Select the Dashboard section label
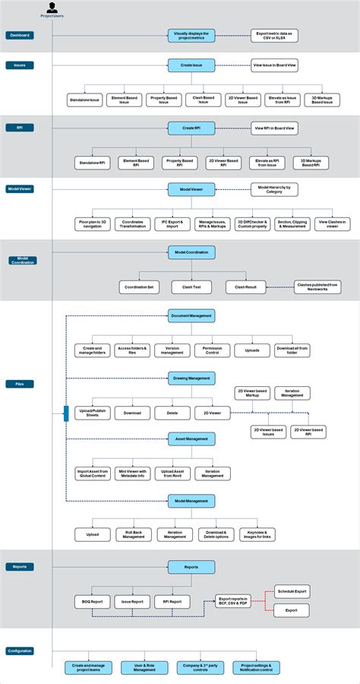(20, 35)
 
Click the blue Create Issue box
(191, 66)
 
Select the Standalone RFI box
(93, 163)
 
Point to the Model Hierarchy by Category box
(274, 189)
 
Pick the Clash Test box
(191, 287)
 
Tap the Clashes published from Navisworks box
(317, 287)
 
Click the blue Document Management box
(191, 315)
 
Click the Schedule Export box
(291, 591)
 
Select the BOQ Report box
(92, 602)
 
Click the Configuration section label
(20, 651)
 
